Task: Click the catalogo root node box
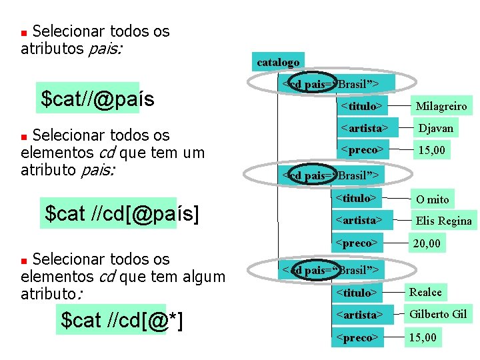(x=278, y=62)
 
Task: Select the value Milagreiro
(x=441, y=106)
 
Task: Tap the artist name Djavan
(x=435, y=128)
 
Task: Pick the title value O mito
(x=433, y=199)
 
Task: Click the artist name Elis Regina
(x=443, y=221)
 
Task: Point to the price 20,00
(x=427, y=243)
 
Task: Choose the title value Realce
(x=425, y=292)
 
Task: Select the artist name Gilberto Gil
(x=438, y=314)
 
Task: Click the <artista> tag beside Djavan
(x=364, y=127)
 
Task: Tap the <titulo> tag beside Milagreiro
(x=361, y=105)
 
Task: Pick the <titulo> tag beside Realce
(x=357, y=293)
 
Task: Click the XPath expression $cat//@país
(x=97, y=99)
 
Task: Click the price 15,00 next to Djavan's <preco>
(x=431, y=150)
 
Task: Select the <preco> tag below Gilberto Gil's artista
(x=357, y=337)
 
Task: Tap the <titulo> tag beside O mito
(x=357, y=197)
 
